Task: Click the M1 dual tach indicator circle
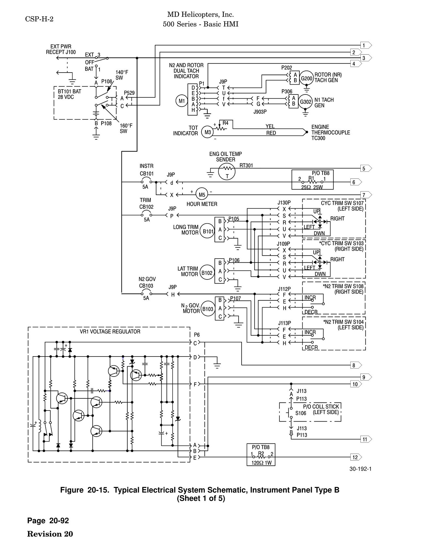click(182, 101)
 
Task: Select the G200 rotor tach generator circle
click(307, 78)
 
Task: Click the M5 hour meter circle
click(202, 195)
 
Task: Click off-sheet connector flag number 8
click(355, 365)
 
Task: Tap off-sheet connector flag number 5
click(365, 169)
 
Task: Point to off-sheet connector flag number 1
click(365, 45)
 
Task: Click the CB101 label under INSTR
click(147, 174)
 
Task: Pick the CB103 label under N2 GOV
click(146, 286)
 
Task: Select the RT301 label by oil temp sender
click(246, 165)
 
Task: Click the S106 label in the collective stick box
click(301, 413)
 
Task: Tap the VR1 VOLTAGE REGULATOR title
click(110, 331)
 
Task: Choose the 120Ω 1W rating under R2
click(261, 463)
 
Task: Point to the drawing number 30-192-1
click(360, 469)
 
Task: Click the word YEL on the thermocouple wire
click(270, 126)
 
